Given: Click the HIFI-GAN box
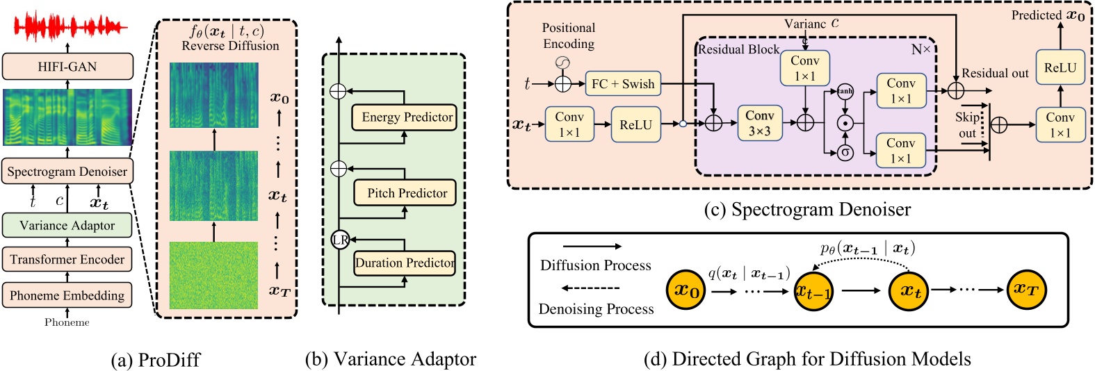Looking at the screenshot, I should (67, 67).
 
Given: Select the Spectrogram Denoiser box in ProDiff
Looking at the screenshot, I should (67, 172).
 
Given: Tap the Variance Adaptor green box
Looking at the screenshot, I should (67, 225).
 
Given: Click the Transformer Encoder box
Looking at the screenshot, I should (67, 259).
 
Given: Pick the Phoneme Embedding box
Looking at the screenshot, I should (67, 295).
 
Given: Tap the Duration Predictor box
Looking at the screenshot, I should (405, 263).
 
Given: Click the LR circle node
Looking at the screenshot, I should (340, 240).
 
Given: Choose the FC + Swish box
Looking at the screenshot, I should (623, 84).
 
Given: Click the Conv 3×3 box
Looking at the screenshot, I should (759, 123).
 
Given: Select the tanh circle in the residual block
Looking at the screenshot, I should (845, 92).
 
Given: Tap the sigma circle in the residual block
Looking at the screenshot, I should (845, 152).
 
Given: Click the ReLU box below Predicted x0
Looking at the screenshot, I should (1060, 67).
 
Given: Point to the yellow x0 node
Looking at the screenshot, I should (686, 290).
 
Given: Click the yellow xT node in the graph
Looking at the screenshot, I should (1026, 290).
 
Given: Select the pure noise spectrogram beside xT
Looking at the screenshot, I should (214, 275).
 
